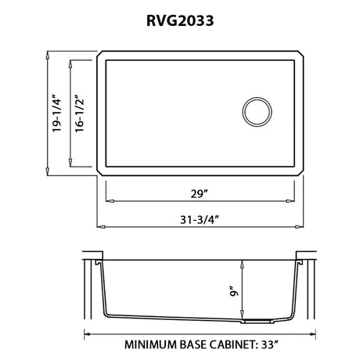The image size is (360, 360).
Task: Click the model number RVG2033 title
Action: click(180, 20)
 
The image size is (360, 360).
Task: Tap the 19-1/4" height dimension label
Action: click(56, 113)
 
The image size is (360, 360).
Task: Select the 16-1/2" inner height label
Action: click(80, 113)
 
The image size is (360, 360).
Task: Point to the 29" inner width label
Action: click(199, 194)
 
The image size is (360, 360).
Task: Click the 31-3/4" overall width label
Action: click(199, 220)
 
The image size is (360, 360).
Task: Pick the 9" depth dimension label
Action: click(235, 291)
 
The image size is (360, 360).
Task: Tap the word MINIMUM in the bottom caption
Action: click(150, 344)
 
